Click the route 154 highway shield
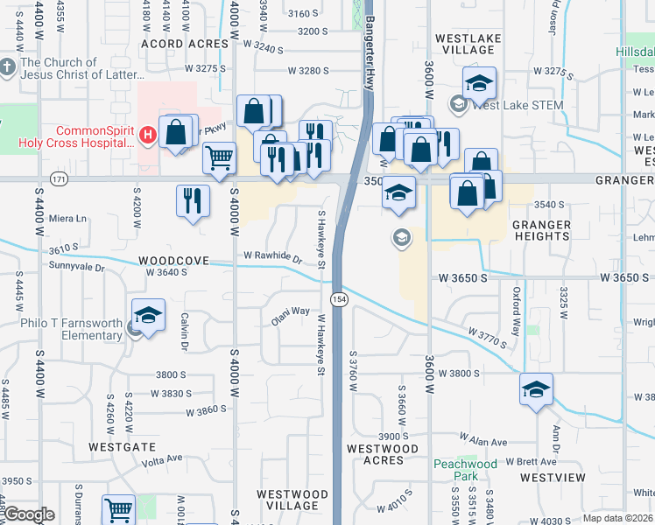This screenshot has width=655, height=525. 340,299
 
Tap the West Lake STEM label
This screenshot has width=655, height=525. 517,106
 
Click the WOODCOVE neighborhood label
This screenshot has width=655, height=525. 173,261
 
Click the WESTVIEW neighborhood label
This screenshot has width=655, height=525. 552,478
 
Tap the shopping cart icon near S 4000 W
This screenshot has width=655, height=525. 219,158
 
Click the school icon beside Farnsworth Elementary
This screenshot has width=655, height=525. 148,316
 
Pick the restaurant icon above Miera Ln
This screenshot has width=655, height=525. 192,200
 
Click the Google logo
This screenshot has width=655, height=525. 29,515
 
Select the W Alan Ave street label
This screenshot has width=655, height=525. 483,442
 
